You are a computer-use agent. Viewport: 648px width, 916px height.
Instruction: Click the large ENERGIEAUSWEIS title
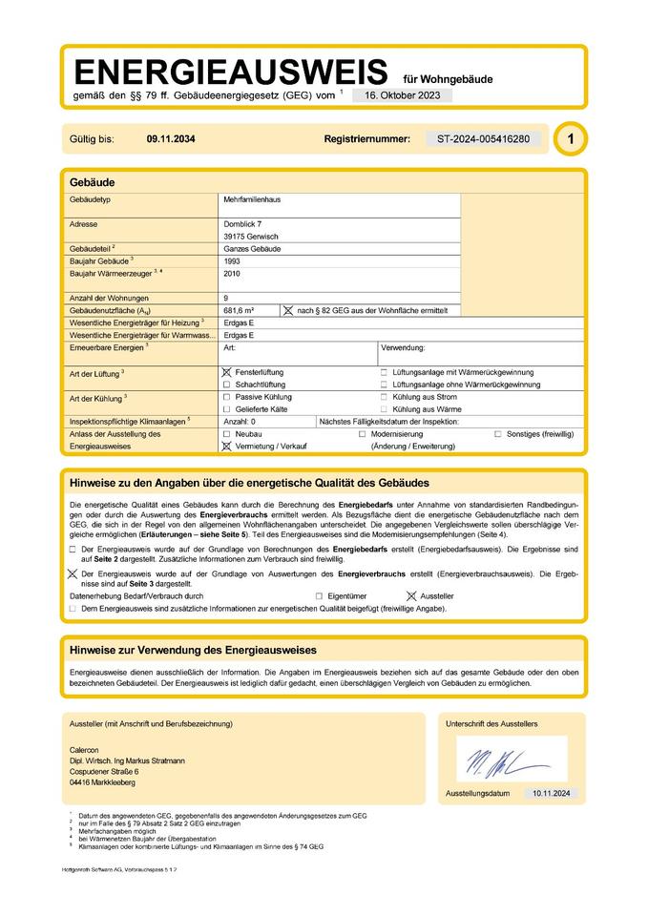coord(231,72)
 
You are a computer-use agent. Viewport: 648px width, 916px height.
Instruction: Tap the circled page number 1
coord(571,139)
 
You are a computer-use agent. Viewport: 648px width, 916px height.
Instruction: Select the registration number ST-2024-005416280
coord(483,139)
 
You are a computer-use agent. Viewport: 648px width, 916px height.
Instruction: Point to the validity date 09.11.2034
coord(171,139)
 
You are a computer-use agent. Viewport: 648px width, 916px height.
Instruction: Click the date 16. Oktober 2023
coord(402,95)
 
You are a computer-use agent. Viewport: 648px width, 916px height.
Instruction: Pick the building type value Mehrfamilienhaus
coord(252,199)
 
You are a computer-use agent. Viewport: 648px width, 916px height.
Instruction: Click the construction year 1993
coord(232,260)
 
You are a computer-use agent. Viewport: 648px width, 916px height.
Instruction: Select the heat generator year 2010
coord(232,273)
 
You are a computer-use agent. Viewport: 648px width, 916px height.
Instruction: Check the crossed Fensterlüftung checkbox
coord(226,371)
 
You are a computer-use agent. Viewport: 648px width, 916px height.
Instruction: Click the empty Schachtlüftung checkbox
coord(226,384)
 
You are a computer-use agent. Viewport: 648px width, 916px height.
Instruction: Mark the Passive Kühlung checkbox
coord(226,396)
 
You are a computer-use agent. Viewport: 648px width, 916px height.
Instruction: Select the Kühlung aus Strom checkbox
coord(384,396)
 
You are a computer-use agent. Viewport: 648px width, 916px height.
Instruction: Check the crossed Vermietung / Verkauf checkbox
coord(226,446)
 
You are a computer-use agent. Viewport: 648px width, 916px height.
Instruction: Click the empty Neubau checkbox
coord(226,433)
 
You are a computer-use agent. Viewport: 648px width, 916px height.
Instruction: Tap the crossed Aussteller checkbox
coord(411,594)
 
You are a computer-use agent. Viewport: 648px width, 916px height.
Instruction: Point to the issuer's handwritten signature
coord(505,760)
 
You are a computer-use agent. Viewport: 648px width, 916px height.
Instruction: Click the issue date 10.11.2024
coord(550,793)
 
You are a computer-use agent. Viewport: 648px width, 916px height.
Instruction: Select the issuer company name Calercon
coord(85,749)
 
